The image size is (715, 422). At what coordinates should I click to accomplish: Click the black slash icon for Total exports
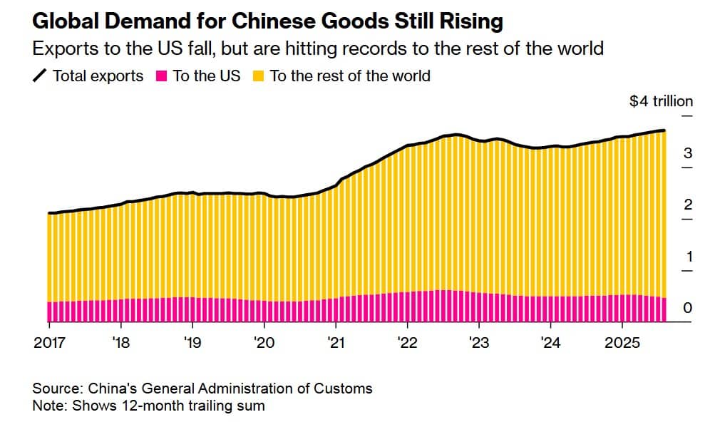[40, 76]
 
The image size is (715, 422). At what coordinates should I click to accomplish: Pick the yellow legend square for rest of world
[258, 76]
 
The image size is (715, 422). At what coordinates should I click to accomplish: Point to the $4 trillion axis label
[661, 101]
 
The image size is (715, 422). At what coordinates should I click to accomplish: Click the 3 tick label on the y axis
[688, 153]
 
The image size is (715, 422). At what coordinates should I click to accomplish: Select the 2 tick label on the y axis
[688, 205]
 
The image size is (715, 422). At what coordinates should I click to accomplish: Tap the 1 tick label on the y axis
[688, 256]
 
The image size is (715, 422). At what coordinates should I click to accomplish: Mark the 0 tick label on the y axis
[688, 308]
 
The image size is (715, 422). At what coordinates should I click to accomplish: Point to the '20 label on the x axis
[264, 343]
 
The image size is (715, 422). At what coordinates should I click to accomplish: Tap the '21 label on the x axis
[335, 343]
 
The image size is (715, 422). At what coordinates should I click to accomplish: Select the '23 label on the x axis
[478, 343]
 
